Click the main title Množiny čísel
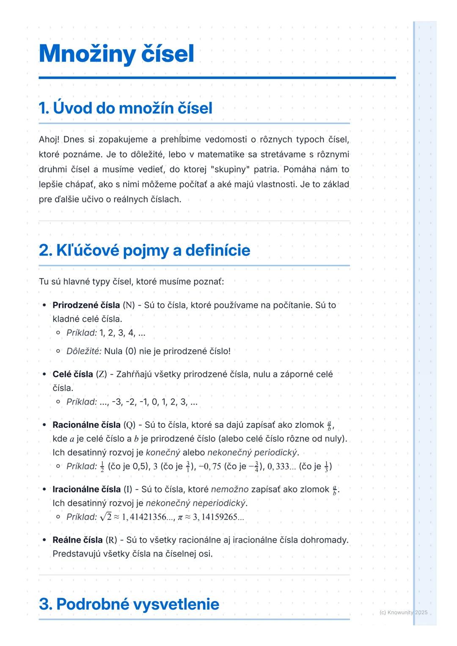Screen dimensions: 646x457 click(116, 54)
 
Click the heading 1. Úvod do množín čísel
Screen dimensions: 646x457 click(125, 108)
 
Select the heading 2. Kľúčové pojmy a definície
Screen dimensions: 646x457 click(144, 250)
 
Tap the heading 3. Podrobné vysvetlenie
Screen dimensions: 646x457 click(129, 604)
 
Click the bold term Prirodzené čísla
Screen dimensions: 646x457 click(86, 305)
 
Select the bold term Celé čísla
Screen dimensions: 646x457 click(73, 375)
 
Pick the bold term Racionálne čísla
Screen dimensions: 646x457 click(86, 425)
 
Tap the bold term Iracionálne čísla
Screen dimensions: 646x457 click(86, 490)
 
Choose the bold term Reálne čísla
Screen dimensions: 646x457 click(77, 540)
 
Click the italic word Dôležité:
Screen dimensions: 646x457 click(84, 351)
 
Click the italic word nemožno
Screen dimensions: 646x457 click(230, 490)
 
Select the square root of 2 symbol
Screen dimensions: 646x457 click(106, 517)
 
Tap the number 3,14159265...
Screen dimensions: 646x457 click(218, 517)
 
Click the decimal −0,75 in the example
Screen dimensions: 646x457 click(210, 467)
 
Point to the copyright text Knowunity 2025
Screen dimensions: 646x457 click(404, 612)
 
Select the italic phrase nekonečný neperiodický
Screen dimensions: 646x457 click(195, 504)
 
